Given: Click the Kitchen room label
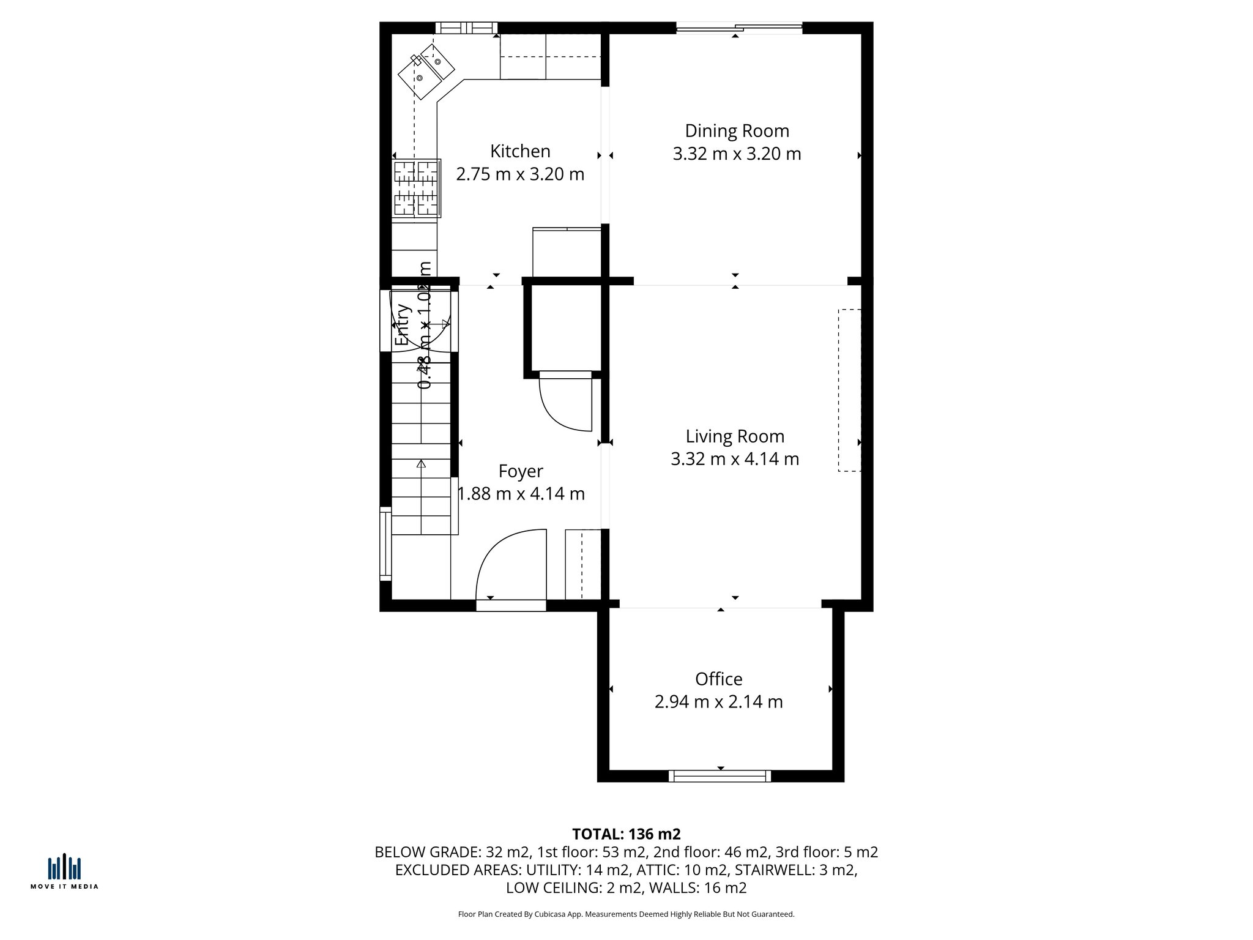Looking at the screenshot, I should click(520, 151).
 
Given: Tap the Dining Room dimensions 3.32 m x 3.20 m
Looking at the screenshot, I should click(737, 154).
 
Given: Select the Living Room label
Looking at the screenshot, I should click(735, 436).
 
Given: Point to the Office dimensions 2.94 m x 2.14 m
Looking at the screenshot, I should click(718, 701).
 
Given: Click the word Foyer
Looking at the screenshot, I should click(521, 471).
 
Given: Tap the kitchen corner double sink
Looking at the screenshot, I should click(426, 71).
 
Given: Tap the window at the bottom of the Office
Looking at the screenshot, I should click(719, 776).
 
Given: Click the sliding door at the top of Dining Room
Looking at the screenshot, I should click(738, 27).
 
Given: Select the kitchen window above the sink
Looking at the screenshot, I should click(466, 28).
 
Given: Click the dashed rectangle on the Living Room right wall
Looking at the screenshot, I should click(849, 390).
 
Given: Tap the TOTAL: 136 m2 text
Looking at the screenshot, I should click(626, 834).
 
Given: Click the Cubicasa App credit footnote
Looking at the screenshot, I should click(626, 914).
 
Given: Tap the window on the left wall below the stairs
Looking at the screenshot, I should click(385, 543).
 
